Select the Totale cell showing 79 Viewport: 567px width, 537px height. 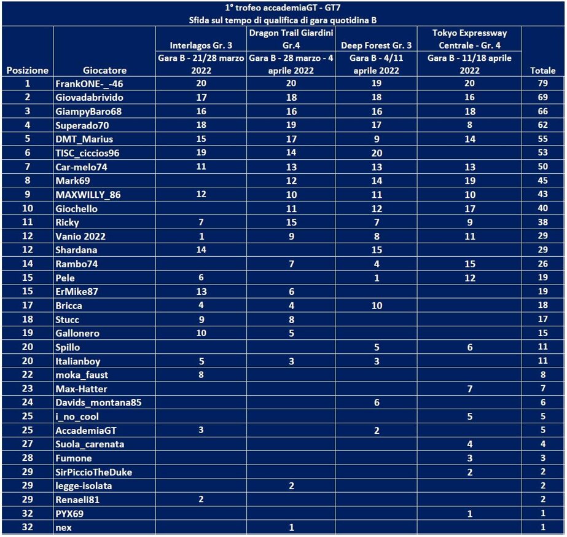[x=542, y=84]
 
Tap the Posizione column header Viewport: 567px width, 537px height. [x=28, y=71]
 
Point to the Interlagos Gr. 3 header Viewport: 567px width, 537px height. [x=201, y=45]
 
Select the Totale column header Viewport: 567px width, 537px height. [x=542, y=71]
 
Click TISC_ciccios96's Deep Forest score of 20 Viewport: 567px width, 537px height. [x=377, y=153]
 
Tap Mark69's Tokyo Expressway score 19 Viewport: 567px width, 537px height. [x=469, y=181]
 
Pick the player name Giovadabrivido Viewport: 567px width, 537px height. [x=89, y=98]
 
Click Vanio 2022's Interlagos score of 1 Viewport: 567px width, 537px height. [x=201, y=237]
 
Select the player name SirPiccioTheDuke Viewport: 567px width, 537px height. [x=93, y=472]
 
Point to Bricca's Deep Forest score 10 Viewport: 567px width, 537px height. [x=377, y=305]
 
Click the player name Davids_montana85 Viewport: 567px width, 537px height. [x=98, y=402]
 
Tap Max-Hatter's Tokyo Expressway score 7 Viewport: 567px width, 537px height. [x=469, y=388]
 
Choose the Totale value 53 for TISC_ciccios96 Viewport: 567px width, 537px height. [x=542, y=153]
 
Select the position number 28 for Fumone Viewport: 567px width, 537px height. [x=28, y=458]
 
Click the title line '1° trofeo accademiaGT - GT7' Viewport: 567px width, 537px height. [x=283, y=8]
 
